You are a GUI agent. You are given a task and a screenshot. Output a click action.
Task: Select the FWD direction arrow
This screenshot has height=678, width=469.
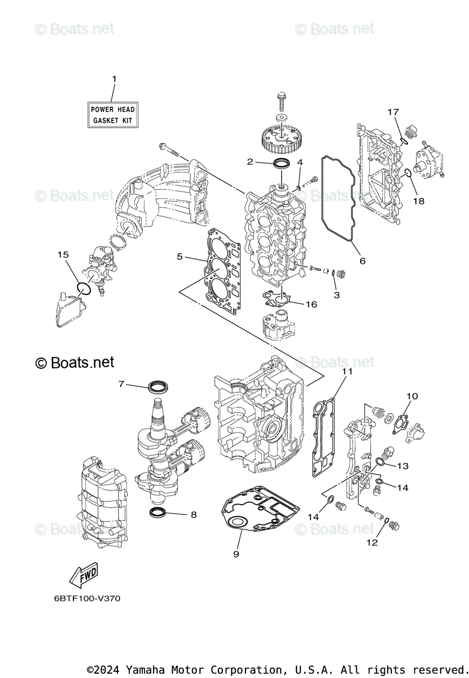(x=84, y=575)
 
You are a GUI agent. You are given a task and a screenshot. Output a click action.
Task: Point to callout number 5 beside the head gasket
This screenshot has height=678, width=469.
(x=180, y=257)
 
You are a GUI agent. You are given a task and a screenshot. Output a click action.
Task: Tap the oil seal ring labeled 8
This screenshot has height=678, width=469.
(x=157, y=512)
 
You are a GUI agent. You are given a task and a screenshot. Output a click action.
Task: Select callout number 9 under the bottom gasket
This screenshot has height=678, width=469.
(x=236, y=554)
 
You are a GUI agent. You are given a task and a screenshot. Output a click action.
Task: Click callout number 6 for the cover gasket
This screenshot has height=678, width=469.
(x=362, y=260)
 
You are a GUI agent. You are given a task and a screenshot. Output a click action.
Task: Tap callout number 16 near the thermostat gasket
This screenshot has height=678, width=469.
(x=311, y=304)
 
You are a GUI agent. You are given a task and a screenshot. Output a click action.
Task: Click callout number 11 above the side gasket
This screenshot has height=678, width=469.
(x=347, y=371)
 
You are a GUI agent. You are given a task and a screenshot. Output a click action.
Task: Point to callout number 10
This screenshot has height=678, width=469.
(x=412, y=396)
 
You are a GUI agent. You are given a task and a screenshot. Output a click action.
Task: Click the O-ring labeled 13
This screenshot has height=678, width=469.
(x=382, y=463)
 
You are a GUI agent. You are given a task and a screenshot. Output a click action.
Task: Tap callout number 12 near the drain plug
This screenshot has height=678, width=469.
(x=372, y=542)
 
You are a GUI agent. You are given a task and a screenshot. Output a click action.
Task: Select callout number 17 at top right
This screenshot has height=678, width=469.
(x=393, y=112)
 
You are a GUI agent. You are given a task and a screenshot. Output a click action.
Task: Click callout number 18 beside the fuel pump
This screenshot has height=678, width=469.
(x=418, y=200)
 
